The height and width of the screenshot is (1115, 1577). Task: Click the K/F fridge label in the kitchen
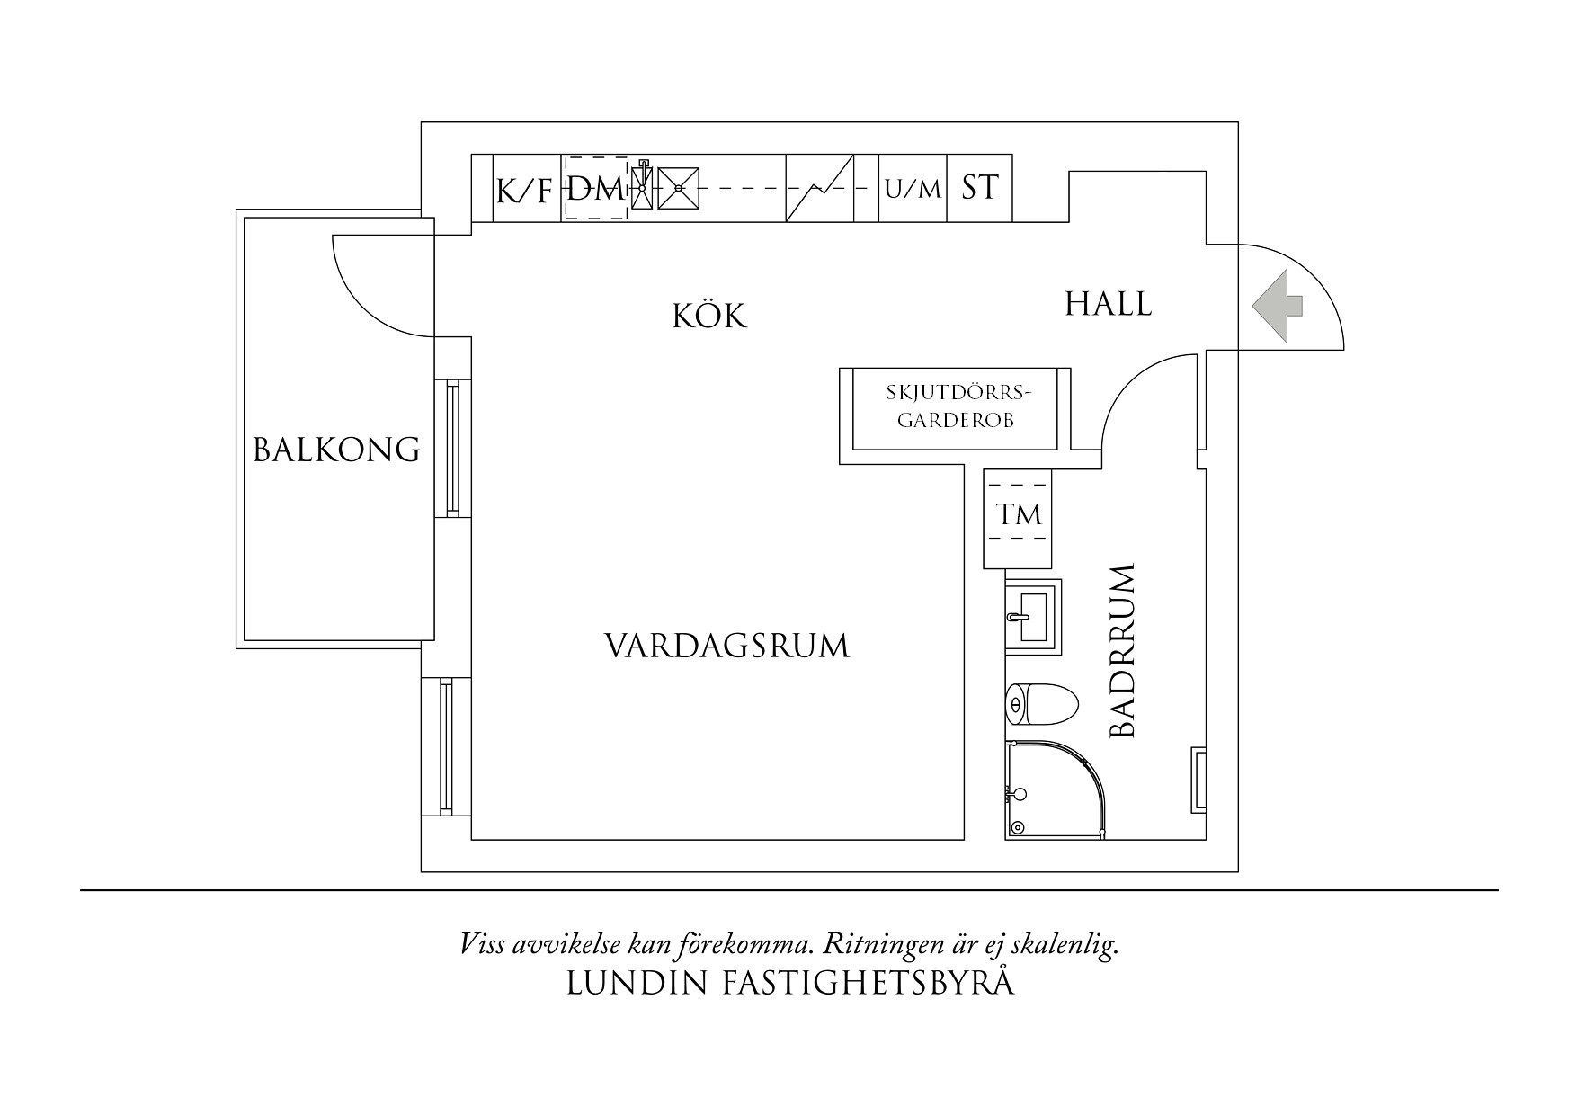[x=523, y=191]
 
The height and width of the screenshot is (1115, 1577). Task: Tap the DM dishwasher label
[x=595, y=189]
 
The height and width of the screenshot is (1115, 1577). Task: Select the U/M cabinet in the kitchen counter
[x=913, y=190]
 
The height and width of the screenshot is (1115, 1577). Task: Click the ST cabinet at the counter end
[x=980, y=189]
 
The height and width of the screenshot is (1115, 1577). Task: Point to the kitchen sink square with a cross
[x=679, y=188]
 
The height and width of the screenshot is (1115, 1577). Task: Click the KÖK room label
[x=710, y=317]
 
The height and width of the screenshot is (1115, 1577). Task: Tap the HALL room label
[x=1108, y=304]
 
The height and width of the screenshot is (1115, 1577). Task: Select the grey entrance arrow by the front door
[x=1278, y=306]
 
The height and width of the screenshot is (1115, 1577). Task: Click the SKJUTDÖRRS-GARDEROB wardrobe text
[x=955, y=406]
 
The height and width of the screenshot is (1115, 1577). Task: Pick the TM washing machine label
[x=1018, y=515]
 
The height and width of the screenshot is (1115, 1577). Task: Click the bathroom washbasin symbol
[x=1034, y=617]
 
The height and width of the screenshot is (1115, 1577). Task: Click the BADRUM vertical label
[x=1124, y=652]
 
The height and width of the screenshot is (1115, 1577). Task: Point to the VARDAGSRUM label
[x=726, y=647]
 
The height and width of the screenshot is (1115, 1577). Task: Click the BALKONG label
[x=336, y=450]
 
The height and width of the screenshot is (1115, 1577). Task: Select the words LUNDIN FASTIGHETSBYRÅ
[x=790, y=984]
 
